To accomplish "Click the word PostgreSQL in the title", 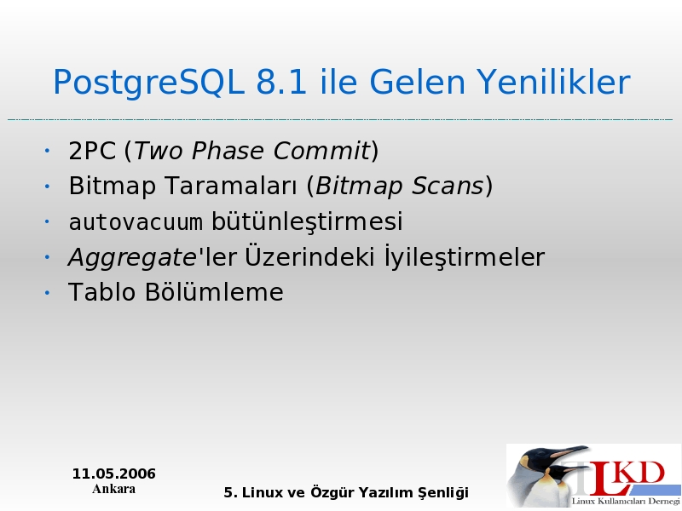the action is (147, 83).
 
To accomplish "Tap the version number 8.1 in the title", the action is (281, 82).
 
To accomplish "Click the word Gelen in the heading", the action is (417, 82).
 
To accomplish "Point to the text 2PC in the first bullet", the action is (92, 152).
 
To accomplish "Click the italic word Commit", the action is (321, 151).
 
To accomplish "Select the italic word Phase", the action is (227, 151).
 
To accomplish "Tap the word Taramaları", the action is (231, 186).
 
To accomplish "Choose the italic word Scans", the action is (448, 186).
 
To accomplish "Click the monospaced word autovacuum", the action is (136, 221).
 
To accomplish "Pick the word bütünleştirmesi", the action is (307, 221).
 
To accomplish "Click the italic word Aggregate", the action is (132, 258).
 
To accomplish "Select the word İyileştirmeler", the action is (464, 256).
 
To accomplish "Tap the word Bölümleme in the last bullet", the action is (214, 291).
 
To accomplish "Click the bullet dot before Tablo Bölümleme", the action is (47, 293).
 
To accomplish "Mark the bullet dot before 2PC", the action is (47, 152).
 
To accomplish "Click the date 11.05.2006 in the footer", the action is (114, 474).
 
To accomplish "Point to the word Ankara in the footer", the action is (114, 489).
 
